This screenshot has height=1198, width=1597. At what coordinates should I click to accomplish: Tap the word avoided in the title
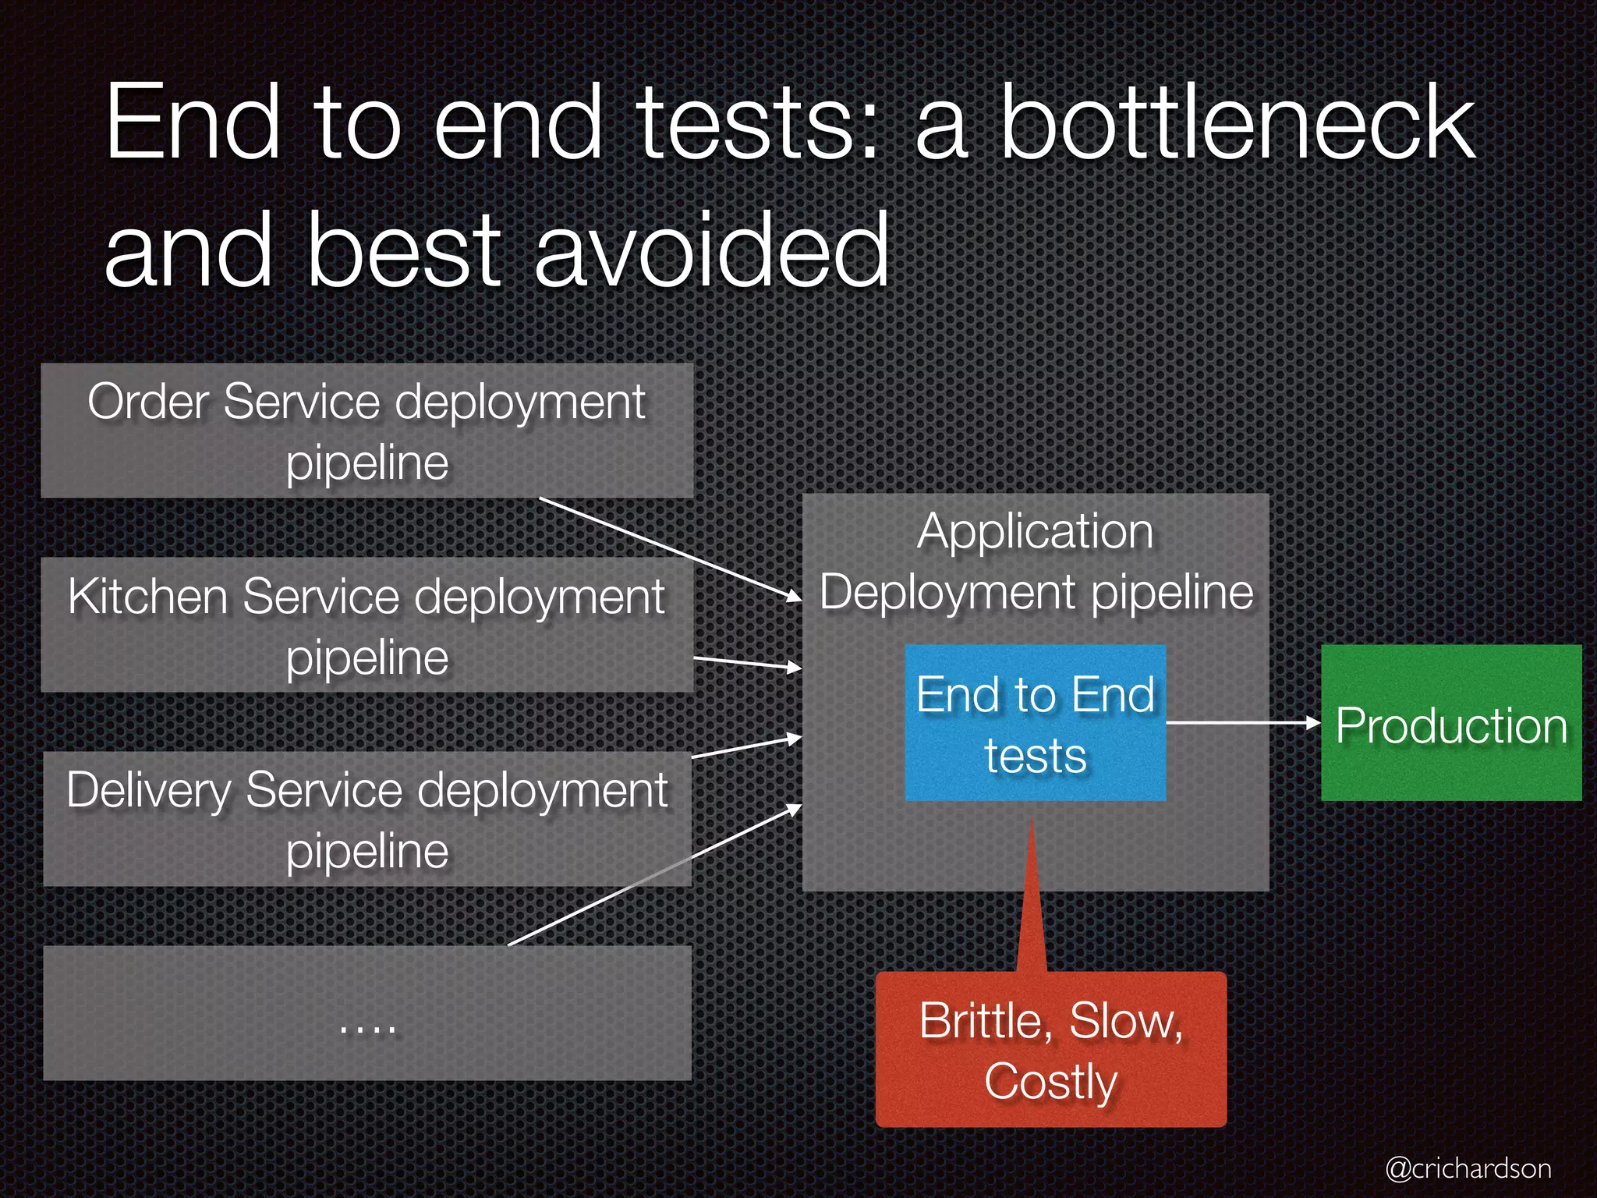(711, 250)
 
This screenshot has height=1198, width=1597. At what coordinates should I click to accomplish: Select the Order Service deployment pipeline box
(366, 431)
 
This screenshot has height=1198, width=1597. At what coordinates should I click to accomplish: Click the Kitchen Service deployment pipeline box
(366, 625)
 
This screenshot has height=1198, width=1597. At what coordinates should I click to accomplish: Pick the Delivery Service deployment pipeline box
(366, 819)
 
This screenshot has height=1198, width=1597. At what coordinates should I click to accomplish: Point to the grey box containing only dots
(366, 1013)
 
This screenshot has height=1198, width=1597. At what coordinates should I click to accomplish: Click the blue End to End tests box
(1035, 723)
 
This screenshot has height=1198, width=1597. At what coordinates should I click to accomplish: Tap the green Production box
(1450, 723)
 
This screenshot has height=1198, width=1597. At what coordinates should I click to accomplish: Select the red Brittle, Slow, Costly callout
(1050, 1049)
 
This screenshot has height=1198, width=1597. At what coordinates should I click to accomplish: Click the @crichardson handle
(1468, 1168)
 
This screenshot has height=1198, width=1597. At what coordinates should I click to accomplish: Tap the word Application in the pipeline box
(1035, 532)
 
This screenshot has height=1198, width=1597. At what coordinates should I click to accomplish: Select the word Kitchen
(147, 597)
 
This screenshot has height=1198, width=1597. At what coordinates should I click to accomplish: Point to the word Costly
(1050, 1082)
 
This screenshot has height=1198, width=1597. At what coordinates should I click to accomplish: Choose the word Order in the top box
(149, 402)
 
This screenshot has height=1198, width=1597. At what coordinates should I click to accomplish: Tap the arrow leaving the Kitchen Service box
(747, 663)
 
